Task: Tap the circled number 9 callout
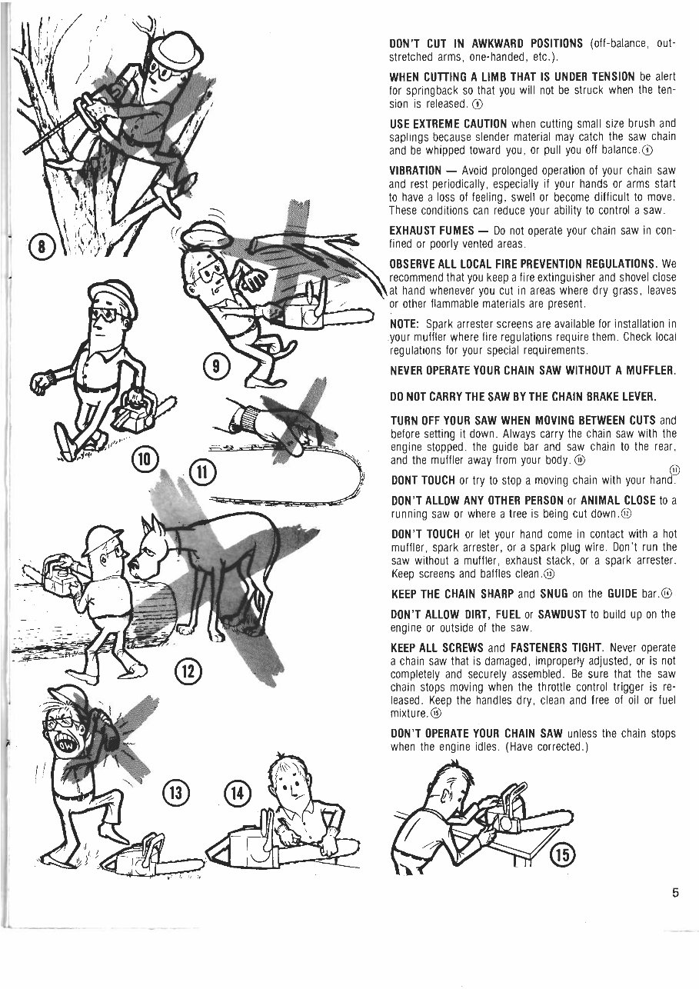pos(218,367)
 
